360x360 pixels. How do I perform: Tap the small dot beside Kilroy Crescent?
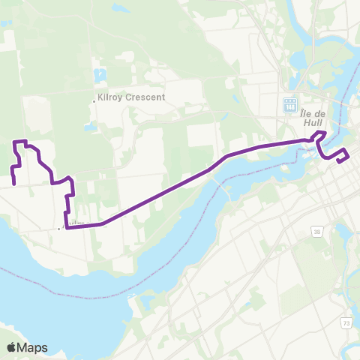(93, 98)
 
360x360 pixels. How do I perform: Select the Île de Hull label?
(307, 118)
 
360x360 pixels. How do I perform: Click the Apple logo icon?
(11, 347)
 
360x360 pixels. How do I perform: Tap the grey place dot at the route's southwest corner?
(59, 229)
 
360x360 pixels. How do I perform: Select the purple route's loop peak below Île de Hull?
(320, 133)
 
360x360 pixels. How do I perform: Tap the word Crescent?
(147, 97)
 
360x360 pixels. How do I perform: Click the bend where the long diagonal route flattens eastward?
(228, 156)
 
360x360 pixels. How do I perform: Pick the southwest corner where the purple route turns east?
(67, 227)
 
